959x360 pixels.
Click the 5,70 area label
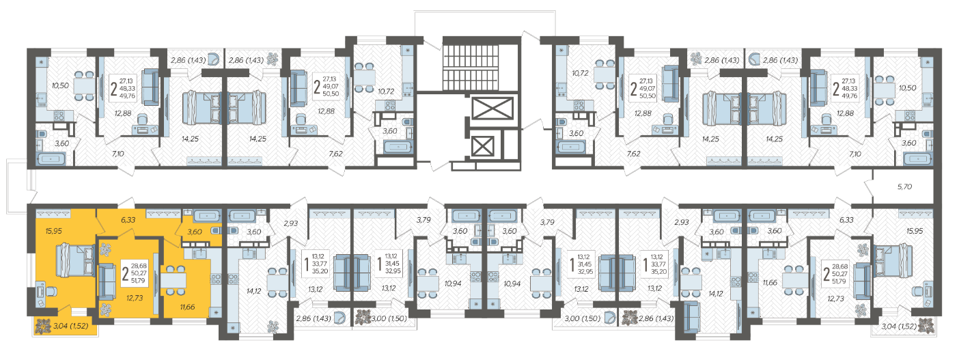(x=904, y=186)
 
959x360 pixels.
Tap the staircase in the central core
(x=470, y=67)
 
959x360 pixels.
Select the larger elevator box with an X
(x=492, y=109)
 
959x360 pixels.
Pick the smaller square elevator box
(x=482, y=146)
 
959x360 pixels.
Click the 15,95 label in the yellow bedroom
(x=53, y=231)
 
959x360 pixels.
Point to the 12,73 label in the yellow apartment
(x=135, y=298)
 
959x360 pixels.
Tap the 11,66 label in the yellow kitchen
(x=187, y=307)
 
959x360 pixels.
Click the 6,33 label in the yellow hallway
(x=128, y=220)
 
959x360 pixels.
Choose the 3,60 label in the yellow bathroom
(x=195, y=232)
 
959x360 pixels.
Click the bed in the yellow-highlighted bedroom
(x=75, y=260)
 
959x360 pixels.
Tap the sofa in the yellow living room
(x=107, y=281)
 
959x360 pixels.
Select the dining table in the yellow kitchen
(x=173, y=280)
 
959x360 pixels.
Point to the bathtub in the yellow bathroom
(x=207, y=216)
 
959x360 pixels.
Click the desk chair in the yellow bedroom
(x=51, y=291)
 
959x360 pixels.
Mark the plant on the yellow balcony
(x=43, y=327)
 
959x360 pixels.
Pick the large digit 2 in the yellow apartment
(x=125, y=273)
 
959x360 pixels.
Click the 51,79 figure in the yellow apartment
(x=138, y=281)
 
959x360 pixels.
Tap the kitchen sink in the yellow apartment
(x=200, y=253)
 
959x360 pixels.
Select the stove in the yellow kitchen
(x=215, y=279)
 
